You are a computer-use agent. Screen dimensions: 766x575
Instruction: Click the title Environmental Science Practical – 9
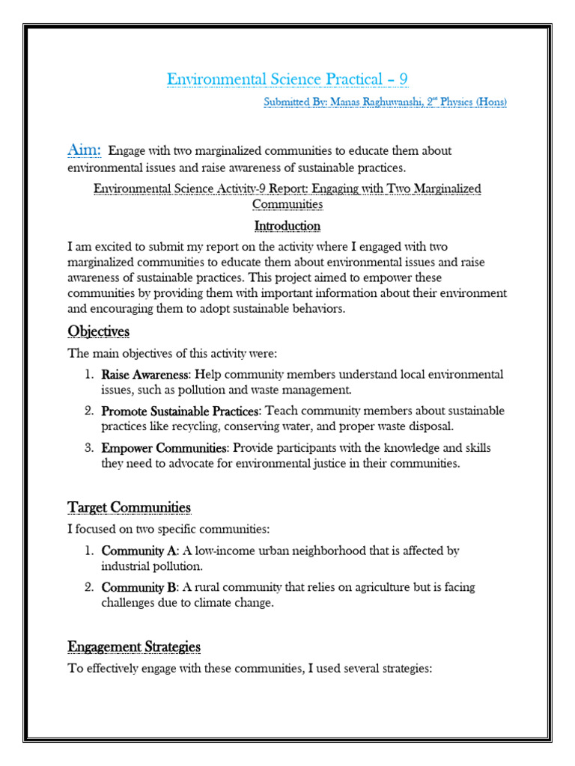tap(287, 79)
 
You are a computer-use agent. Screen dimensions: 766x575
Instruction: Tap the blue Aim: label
tap(84, 150)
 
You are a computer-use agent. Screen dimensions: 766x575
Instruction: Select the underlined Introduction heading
tap(287, 225)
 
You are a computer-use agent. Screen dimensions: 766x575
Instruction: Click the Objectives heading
tap(99, 331)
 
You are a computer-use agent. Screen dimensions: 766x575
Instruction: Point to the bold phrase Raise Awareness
tap(145, 374)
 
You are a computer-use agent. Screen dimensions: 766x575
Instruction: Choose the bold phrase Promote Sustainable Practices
tap(180, 411)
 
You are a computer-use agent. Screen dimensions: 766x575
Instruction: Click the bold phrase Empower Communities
tap(164, 447)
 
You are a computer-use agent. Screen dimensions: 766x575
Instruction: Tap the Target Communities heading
tap(129, 507)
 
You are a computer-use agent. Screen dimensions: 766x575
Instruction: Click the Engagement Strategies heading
tap(134, 646)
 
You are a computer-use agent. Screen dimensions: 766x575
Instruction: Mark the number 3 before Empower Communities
tap(88, 447)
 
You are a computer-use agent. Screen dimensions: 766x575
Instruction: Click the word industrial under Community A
tap(130, 566)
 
